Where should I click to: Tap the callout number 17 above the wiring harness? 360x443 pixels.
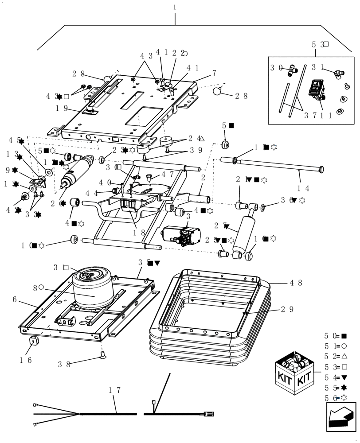click(114, 391)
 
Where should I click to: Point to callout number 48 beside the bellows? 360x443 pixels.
click(296, 282)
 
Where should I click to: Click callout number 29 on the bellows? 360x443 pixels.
click(287, 309)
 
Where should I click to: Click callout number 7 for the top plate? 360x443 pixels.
click(214, 73)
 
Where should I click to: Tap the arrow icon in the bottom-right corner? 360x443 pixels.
click(341, 416)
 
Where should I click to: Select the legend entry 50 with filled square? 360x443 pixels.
click(335, 336)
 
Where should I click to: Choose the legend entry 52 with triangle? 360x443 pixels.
click(335, 356)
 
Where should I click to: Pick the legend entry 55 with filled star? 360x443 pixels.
click(335, 387)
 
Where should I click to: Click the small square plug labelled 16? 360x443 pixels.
click(32, 341)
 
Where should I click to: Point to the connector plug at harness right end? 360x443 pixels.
click(209, 414)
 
